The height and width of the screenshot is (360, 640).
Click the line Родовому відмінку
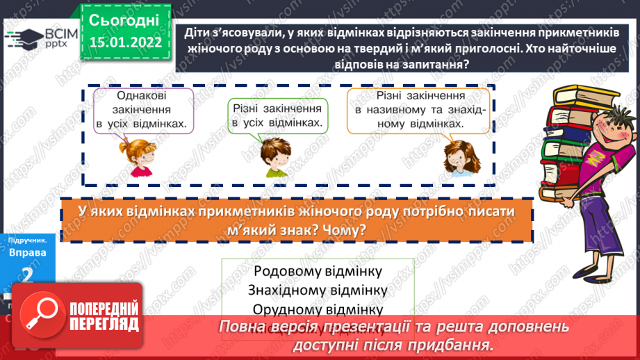coord(318,271)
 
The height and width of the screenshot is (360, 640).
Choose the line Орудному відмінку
coord(318,309)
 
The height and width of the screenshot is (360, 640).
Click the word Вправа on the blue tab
coord(27,253)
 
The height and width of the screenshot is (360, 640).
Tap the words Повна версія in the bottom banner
coord(259,327)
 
